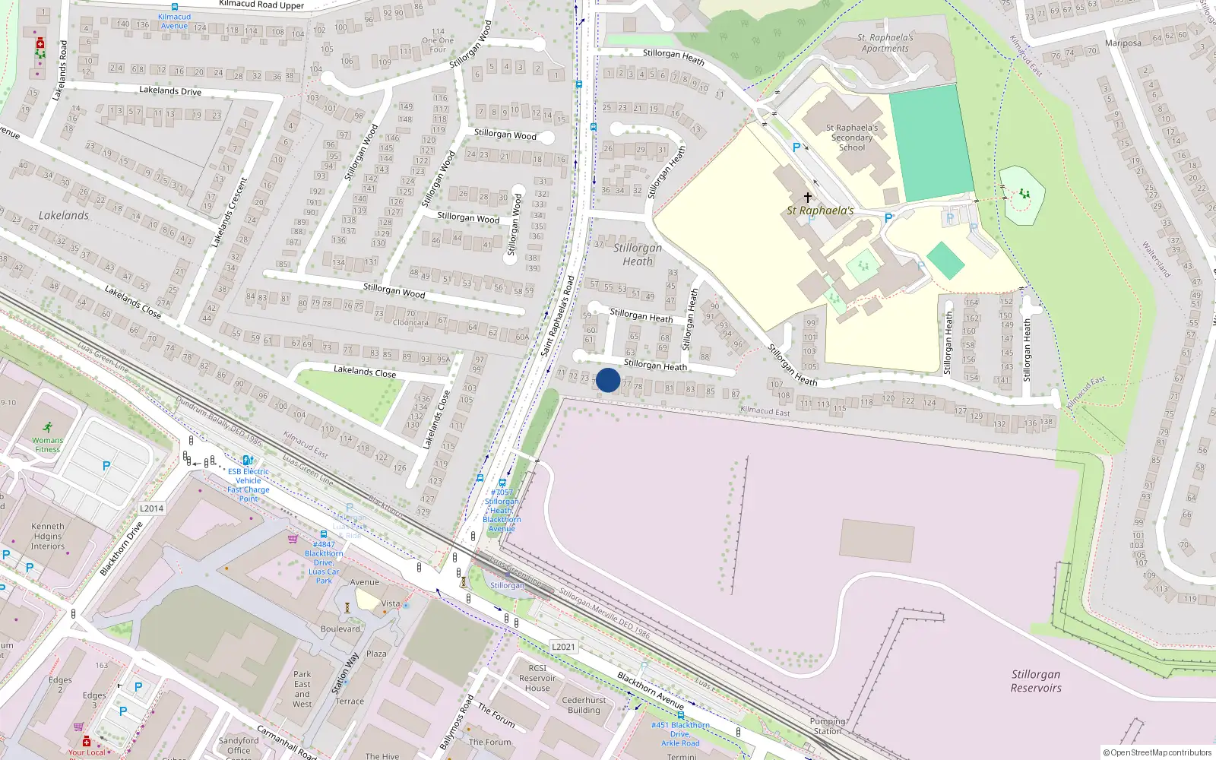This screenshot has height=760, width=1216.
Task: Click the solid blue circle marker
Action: pyautogui.click(x=608, y=380)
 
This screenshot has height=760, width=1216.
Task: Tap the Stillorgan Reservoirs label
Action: pyautogui.click(x=1035, y=681)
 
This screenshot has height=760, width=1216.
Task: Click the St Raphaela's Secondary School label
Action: pyautogui.click(x=851, y=138)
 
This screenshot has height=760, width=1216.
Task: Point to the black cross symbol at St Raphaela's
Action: pyautogui.click(x=807, y=197)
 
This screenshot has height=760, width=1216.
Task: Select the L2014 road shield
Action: pyautogui.click(x=151, y=508)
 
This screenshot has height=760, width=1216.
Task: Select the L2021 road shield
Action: pyautogui.click(x=563, y=647)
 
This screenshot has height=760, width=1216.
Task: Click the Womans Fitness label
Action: pyautogui.click(x=47, y=445)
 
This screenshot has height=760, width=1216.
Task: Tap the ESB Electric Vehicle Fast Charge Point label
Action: pyautogui.click(x=249, y=485)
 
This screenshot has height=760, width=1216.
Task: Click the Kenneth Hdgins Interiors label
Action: pyautogui.click(x=48, y=536)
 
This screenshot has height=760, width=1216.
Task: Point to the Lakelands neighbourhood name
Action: pyautogui.click(x=64, y=216)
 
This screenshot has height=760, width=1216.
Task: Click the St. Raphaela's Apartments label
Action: pyautogui.click(x=885, y=43)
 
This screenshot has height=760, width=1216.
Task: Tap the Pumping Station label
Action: pyautogui.click(x=828, y=726)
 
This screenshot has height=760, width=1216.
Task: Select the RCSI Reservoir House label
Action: pyautogui.click(x=537, y=678)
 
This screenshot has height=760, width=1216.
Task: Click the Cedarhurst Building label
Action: pyautogui.click(x=584, y=705)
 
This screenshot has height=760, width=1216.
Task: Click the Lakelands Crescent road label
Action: pyautogui.click(x=230, y=212)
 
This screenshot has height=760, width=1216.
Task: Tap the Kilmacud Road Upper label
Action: pyautogui.click(x=261, y=5)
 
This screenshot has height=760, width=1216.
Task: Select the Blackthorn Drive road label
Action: pyautogui.click(x=121, y=548)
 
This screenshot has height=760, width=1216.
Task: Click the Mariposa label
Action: pyautogui.click(x=1123, y=43)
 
